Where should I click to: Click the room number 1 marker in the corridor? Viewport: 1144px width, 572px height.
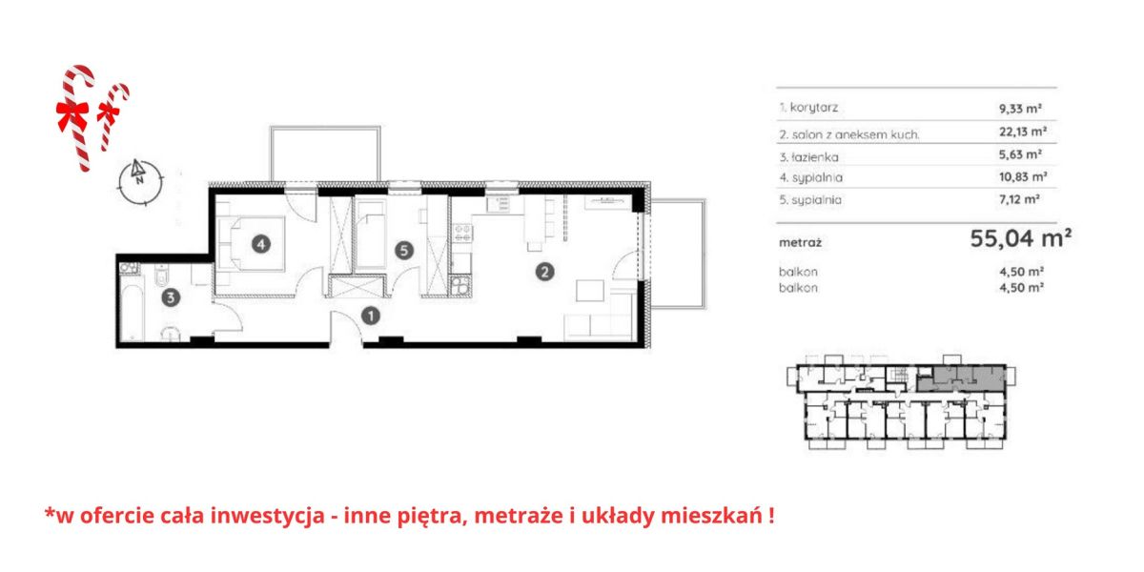371,317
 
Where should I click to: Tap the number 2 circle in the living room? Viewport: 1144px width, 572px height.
544,272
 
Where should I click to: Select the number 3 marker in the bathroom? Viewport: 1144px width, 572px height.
171,297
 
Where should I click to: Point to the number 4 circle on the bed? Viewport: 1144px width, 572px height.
261,244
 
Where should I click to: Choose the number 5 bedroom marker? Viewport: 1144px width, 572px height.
404,250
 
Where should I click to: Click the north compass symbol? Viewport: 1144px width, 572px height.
140,181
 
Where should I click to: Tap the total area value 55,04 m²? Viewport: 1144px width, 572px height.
1020,238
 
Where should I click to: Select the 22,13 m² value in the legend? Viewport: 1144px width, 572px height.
1023,132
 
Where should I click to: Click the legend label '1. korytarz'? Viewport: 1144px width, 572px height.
808,108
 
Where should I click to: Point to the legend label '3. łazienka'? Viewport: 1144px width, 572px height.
809,157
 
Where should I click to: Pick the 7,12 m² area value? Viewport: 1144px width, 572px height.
1019,199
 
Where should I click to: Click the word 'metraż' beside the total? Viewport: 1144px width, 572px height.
800,242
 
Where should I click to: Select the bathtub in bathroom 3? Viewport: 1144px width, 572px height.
133,313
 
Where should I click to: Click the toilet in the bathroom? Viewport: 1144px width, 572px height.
162,276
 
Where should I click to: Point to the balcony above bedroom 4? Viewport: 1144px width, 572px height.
325,153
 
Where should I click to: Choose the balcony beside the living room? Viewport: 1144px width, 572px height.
678,254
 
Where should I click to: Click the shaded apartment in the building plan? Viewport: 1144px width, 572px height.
960,378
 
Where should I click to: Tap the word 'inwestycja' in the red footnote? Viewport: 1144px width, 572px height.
268,516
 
